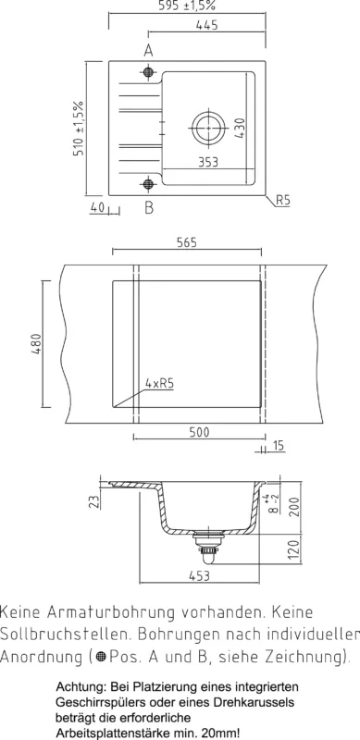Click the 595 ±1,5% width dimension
187,6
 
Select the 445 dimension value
207,25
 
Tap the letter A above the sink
148,50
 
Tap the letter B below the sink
149,207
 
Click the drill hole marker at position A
148,72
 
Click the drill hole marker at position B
148,183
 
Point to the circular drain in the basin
208,128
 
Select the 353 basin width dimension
208,162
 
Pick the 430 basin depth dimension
240,128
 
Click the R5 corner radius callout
282,200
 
